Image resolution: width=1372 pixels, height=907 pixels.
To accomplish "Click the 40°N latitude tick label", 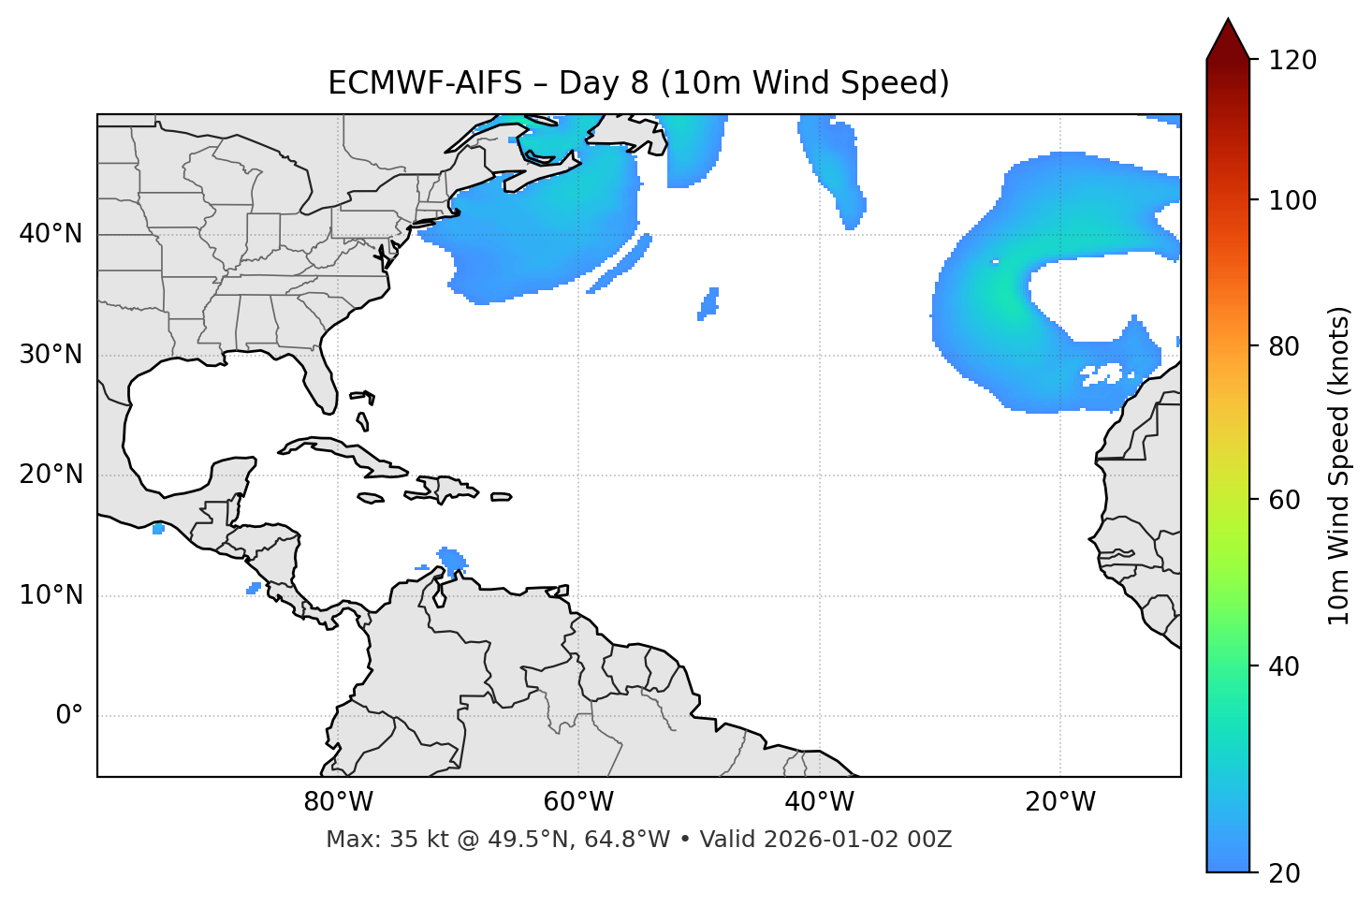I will (x=51, y=234).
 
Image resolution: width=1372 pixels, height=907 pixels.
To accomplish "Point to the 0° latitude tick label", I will (x=69, y=716).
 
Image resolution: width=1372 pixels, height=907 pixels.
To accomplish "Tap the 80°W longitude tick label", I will (x=338, y=802).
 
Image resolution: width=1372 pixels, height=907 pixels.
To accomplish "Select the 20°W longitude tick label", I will (x=1060, y=802).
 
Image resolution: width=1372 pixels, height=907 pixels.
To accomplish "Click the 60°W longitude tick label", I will (x=578, y=802).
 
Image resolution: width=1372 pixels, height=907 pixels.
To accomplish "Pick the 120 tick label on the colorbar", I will (x=1292, y=61).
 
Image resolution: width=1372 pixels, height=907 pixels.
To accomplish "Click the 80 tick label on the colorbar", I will (x=1284, y=346).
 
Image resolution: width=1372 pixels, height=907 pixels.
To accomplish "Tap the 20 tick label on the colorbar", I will (x=1284, y=873).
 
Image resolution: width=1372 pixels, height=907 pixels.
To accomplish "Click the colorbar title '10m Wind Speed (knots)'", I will (x=1339, y=465).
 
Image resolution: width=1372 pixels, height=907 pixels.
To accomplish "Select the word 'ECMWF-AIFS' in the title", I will (x=425, y=83).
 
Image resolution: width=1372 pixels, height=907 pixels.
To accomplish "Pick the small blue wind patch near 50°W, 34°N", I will (x=709, y=303).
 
